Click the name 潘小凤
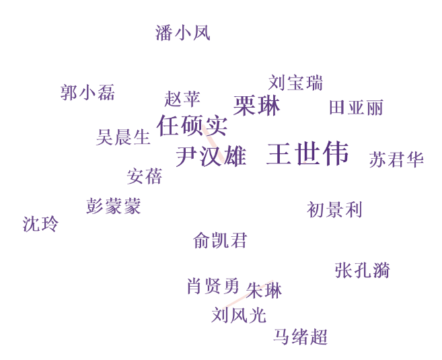[x=183, y=33]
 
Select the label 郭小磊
[x=87, y=92]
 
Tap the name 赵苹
[x=182, y=99]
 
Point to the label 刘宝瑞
[x=295, y=83]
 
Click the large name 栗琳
[x=256, y=106]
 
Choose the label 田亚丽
[x=357, y=108]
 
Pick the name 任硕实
[x=192, y=126]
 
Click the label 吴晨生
[x=123, y=137]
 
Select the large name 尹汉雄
[x=211, y=157]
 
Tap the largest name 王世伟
[x=308, y=153]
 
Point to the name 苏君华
[x=396, y=159]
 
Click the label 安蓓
[x=145, y=176]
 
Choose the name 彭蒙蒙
[x=113, y=206]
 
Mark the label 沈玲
[x=40, y=224]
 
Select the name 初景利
[x=334, y=210]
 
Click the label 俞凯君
[x=220, y=240]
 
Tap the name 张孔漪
[x=363, y=271]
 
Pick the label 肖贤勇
[x=213, y=286]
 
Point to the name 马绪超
[x=301, y=336]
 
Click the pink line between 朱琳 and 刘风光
[x=248, y=294]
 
